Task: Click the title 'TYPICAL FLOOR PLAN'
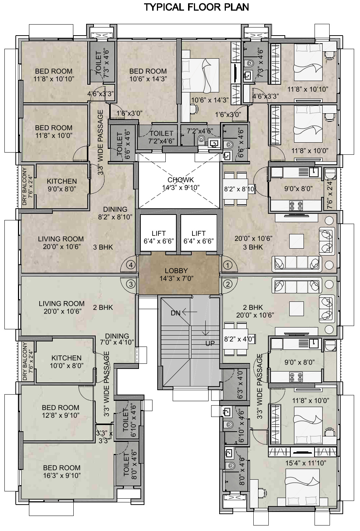point(196,7)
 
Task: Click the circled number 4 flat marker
point(131,265)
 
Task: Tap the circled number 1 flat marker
point(228,265)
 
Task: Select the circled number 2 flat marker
point(228,284)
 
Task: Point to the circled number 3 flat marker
point(131,284)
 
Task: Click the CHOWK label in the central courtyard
point(181,180)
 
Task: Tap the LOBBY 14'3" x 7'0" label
point(176,275)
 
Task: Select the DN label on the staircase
point(176,313)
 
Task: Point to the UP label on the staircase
point(210,343)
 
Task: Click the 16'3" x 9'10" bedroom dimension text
point(62,476)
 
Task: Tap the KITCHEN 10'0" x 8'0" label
point(66,362)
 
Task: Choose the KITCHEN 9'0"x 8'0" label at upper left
point(62,185)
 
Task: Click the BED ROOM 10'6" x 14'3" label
point(148,75)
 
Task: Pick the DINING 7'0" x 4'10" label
point(117,339)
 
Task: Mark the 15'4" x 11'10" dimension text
point(306,463)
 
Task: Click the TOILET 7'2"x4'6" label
point(161,137)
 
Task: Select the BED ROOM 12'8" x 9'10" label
point(60,411)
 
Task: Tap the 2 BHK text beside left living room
point(103,307)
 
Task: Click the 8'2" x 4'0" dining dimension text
point(239,339)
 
